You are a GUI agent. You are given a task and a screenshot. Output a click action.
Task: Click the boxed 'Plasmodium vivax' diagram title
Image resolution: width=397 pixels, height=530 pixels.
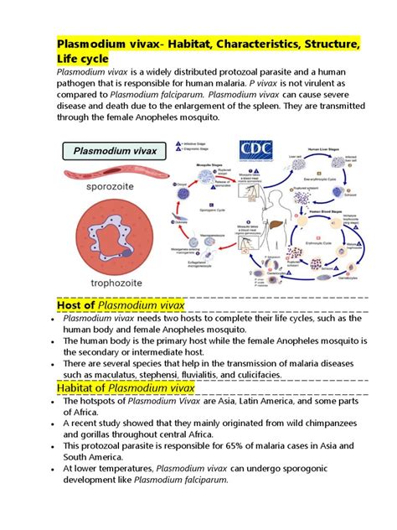click(x=115, y=152)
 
